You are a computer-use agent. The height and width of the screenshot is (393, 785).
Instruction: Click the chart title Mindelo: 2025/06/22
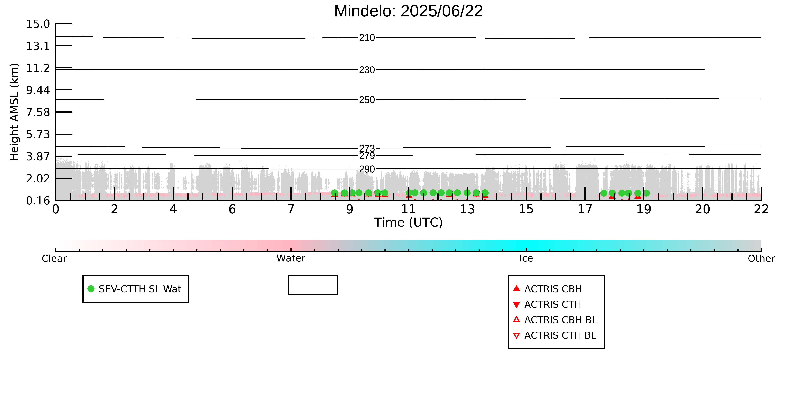click(x=408, y=11)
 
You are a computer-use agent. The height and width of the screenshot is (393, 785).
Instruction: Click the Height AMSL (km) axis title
click(x=14, y=112)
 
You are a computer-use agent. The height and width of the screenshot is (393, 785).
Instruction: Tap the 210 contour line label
click(x=367, y=38)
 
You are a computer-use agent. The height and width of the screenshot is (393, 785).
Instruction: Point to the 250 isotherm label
click(x=367, y=100)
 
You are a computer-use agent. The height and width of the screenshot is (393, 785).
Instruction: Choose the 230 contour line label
click(x=367, y=70)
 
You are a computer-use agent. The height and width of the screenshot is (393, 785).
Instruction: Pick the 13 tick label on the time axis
click(x=467, y=209)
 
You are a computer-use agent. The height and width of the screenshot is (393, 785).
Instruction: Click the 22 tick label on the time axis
click(x=761, y=209)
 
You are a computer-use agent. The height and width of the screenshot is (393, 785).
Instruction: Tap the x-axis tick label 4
click(x=173, y=209)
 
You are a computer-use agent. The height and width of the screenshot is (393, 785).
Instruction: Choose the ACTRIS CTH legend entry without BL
click(x=547, y=305)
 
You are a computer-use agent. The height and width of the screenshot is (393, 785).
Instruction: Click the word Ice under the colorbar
click(x=526, y=259)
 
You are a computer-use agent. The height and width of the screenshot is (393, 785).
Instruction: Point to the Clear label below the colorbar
click(x=54, y=259)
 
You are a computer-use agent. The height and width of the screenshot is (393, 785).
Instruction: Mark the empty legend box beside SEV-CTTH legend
click(x=313, y=276)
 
